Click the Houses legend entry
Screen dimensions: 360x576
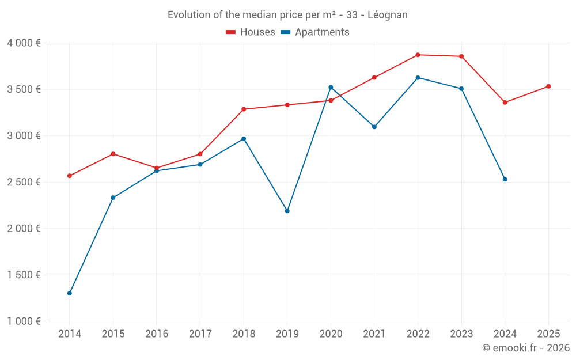(251, 32)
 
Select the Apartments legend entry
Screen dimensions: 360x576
(315, 32)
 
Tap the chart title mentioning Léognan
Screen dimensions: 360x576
(287, 15)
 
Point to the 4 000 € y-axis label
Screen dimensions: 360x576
(24, 43)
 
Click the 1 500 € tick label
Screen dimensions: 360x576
(24, 275)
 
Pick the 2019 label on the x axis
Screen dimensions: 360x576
(287, 334)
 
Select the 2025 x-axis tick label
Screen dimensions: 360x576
(548, 334)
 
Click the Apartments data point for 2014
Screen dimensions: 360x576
(70, 293)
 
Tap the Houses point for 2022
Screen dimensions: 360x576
(418, 55)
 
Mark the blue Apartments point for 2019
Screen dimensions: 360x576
(287, 211)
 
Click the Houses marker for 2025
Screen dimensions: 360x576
(548, 86)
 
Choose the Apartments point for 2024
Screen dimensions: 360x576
(505, 179)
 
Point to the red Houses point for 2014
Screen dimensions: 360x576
(70, 176)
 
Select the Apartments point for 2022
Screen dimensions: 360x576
(418, 78)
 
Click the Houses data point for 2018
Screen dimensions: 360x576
(244, 109)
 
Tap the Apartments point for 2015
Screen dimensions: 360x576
(113, 198)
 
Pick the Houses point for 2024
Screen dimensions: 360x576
(505, 103)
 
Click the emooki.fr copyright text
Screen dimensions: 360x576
(526, 348)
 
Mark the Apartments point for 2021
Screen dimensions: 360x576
(374, 127)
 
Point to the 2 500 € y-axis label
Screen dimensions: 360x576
(24, 182)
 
